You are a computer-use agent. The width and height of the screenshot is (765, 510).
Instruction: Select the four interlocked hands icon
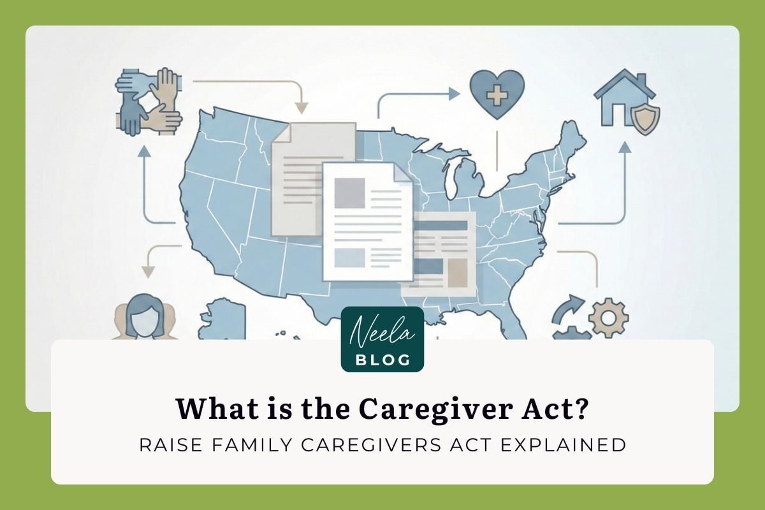[149, 102]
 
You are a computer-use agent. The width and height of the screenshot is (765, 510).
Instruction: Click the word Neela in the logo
[382, 332]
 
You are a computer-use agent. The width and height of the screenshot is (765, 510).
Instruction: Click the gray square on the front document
[349, 193]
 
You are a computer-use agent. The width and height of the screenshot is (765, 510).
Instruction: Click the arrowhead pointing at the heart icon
[454, 94]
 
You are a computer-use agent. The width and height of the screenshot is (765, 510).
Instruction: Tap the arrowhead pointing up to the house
[625, 147]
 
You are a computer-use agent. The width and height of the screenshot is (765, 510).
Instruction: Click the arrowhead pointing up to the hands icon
[145, 151]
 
